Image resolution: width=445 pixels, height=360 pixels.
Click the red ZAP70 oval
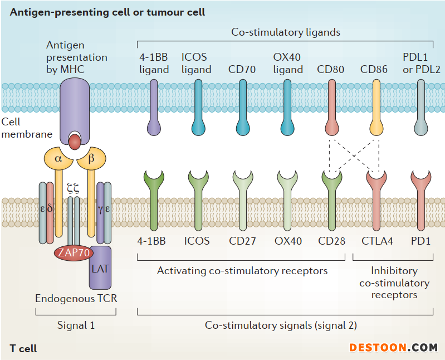74,253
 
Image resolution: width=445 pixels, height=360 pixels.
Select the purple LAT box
100,268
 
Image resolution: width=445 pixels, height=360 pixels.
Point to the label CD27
242,241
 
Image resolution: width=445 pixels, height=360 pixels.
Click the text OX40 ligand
288,64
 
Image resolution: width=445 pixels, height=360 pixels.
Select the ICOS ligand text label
197,64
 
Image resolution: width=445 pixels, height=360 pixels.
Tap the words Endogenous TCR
76,298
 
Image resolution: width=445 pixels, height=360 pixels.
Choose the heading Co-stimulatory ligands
286,32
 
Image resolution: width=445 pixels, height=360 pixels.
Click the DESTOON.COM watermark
393,347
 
